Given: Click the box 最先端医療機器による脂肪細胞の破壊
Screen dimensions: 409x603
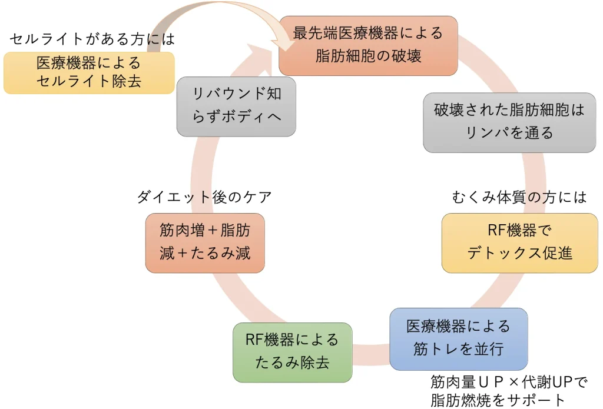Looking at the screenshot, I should (x=368, y=45).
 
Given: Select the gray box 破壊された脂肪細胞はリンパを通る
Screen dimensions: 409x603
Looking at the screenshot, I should (x=509, y=122).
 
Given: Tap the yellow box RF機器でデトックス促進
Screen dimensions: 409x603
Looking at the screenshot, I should (x=519, y=242).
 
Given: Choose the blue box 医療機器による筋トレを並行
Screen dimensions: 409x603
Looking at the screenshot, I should (x=458, y=338).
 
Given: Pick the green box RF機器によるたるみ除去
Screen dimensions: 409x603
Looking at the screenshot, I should (x=292, y=351).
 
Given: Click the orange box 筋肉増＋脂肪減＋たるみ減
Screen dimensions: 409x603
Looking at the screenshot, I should (x=205, y=242).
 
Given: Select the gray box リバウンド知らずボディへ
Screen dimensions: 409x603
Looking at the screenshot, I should (x=236, y=107).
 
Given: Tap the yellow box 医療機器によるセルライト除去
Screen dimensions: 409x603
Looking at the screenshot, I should (x=89, y=72).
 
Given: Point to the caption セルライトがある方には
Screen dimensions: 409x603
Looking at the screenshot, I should (x=92, y=39).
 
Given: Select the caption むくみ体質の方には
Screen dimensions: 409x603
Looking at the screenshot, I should (x=519, y=197).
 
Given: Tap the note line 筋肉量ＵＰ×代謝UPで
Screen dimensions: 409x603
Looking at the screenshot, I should (x=509, y=383).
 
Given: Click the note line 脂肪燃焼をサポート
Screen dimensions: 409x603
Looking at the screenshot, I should (x=498, y=401).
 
